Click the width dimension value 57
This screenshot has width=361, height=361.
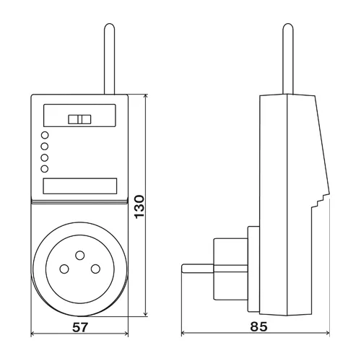(x=81, y=327)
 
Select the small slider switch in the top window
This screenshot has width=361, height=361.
(x=79, y=121)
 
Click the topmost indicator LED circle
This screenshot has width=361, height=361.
(x=45, y=135)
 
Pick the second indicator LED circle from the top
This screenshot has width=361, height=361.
(x=45, y=146)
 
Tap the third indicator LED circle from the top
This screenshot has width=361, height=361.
(x=45, y=157)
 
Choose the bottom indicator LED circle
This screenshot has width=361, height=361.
(x=45, y=168)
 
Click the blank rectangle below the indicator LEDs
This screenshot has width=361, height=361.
(x=79, y=186)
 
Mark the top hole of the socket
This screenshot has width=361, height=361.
(x=79, y=255)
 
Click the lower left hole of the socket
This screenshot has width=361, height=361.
(x=64, y=269)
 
